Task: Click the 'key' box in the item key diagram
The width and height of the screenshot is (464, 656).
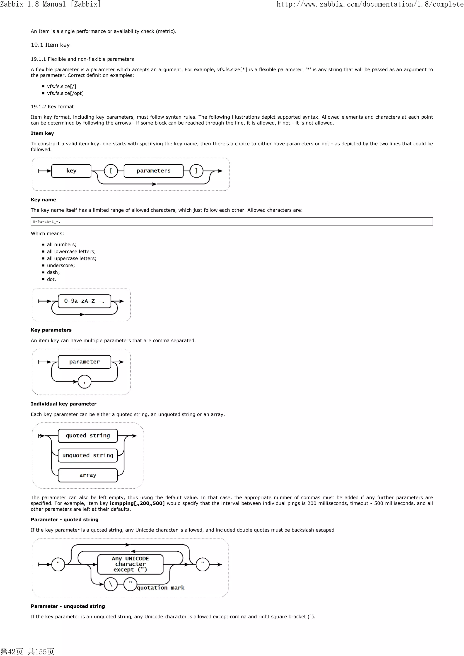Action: [x=71, y=171]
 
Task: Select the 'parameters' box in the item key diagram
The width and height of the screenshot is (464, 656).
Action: [x=154, y=171]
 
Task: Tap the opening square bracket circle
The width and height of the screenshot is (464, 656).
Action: [x=111, y=171]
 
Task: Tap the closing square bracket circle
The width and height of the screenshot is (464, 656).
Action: [x=196, y=171]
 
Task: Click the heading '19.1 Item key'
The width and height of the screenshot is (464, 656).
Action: [x=50, y=45]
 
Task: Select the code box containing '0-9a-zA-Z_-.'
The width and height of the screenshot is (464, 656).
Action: [x=232, y=221]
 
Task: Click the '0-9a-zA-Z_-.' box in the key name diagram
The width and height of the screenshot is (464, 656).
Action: [x=84, y=301]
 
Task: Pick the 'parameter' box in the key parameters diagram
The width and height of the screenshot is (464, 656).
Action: [x=84, y=362]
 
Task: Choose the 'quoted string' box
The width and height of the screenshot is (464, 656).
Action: [x=88, y=435]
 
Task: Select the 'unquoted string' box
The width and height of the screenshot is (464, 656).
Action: [x=88, y=455]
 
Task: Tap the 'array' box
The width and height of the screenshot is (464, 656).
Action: [x=88, y=475]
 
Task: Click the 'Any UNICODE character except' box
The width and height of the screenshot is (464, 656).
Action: [x=130, y=564]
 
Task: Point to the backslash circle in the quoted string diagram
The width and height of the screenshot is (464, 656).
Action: [x=111, y=584]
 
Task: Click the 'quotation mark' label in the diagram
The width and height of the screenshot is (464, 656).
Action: [x=161, y=588]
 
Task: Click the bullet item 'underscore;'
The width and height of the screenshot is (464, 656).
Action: [x=61, y=265]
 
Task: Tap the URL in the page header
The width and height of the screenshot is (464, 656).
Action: [x=370, y=4]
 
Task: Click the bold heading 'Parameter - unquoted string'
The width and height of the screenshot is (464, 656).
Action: [x=68, y=606]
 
